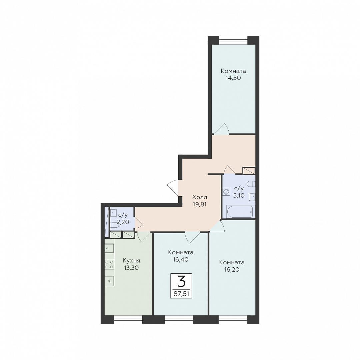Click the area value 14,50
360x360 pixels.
[x=233, y=78]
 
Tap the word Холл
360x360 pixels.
[x=200, y=197]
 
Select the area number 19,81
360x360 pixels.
[x=200, y=204]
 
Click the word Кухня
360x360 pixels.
[x=131, y=261]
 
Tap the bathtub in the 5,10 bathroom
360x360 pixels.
[x=240, y=212]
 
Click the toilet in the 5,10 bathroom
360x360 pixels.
[x=251, y=184]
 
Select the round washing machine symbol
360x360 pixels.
[x=226, y=192]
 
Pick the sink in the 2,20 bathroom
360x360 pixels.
[x=114, y=213]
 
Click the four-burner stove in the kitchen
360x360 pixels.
[x=109, y=264]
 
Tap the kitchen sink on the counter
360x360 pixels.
[x=109, y=248]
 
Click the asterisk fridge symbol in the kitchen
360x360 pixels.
[x=109, y=281]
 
